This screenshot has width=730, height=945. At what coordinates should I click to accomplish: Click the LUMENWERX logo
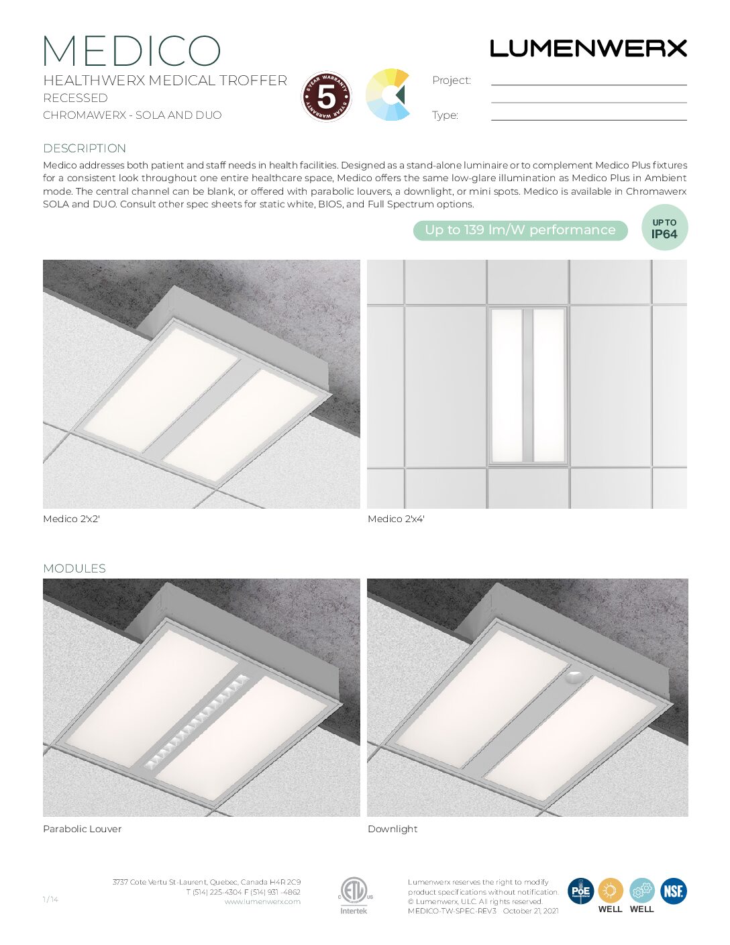pos(588,48)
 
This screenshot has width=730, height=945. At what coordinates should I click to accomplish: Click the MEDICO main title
pos(132,51)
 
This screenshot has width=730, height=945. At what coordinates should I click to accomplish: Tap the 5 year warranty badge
pos(326,97)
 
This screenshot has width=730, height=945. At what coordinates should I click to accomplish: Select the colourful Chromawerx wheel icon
pos(388,95)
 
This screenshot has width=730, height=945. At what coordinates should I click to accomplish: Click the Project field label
pos(452,80)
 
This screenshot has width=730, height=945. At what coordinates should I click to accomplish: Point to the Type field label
pos(445,115)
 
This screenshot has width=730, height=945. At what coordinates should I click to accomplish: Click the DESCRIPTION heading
pos(85,148)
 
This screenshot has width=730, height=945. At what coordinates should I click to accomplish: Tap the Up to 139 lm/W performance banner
pos(520,230)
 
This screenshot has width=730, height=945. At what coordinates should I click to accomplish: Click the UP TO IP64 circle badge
pos(664,228)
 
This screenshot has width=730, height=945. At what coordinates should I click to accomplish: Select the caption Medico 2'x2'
pos(71,519)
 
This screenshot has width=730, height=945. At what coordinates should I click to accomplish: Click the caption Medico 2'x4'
pos(396,519)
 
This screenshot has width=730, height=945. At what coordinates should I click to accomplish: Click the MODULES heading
pos(74,568)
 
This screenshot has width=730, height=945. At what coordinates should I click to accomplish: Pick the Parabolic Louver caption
pos(82,829)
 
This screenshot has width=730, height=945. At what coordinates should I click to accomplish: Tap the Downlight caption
pos(393,829)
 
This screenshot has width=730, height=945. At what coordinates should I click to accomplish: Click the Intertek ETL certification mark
pos(354,896)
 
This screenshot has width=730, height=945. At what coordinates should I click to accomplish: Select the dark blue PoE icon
pos(580,891)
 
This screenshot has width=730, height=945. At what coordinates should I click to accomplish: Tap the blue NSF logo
pos(674,891)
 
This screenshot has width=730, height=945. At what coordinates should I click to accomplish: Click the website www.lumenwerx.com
pos(262,901)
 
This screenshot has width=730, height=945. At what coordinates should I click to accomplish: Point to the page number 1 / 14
pos(50,899)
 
